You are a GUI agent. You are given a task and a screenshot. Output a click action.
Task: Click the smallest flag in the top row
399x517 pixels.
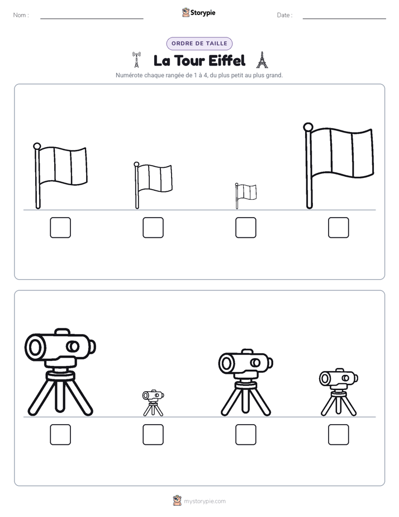tap(245, 195)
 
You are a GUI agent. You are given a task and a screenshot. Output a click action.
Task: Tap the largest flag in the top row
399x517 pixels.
tap(339, 166)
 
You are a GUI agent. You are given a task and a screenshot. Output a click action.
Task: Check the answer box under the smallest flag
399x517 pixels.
tap(245, 228)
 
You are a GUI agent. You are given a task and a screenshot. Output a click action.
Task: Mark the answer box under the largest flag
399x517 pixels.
tap(339, 228)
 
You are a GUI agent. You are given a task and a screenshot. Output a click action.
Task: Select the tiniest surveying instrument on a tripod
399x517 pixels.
tap(153, 403)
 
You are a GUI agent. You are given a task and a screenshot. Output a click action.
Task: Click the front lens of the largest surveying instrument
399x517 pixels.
tap(34, 347)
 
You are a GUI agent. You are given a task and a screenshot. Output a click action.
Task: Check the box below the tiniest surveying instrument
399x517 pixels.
tap(153, 435)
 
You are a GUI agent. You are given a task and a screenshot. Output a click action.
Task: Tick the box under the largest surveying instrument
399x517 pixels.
tap(60, 435)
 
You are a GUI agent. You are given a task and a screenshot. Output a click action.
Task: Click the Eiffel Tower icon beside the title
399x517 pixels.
tap(262, 60)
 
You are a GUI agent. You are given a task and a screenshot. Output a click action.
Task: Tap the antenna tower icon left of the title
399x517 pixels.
tap(136, 60)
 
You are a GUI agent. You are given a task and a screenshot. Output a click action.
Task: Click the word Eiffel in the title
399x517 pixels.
tap(227, 60)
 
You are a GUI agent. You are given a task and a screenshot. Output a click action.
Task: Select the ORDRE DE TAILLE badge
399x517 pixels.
tap(199, 44)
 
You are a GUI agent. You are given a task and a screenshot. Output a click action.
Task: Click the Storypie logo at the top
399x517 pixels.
tap(198, 13)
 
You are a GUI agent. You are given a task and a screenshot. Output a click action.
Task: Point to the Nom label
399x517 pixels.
tap(21, 15)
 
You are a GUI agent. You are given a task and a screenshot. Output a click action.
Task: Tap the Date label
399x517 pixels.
tap(285, 15)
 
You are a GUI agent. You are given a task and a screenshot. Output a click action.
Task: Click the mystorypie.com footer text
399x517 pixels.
tap(205, 501)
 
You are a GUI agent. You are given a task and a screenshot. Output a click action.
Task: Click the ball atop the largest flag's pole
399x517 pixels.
tap(308, 126)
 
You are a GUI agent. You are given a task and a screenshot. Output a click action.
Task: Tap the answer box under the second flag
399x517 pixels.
tap(153, 228)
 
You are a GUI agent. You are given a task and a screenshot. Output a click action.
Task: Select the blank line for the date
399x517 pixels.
tap(344, 18)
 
